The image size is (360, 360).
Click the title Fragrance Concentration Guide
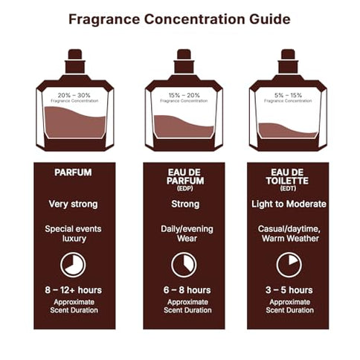coord(179,19)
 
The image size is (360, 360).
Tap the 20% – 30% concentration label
coord(74,94)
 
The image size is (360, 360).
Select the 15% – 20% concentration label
coord(183,94)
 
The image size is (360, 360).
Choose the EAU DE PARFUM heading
coord(183,177)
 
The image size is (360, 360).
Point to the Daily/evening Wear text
coord(183,234)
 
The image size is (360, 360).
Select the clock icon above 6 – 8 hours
coord(183,265)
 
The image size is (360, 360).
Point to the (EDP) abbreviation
coord(183,189)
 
